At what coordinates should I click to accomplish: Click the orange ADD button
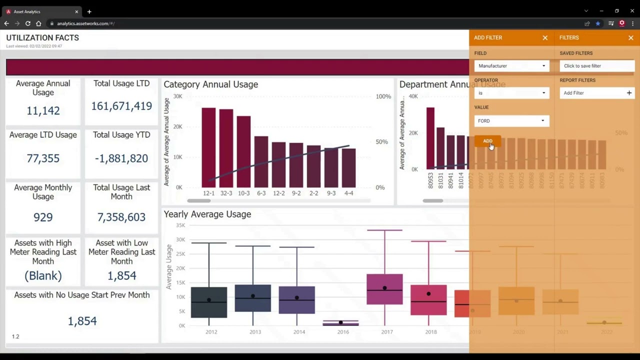click(487, 141)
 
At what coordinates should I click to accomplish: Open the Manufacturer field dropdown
click(511, 66)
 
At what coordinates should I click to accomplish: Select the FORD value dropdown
click(511, 120)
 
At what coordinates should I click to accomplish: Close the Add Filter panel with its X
click(545, 38)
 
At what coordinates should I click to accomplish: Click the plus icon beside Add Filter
click(629, 93)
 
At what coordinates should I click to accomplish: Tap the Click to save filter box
click(596, 66)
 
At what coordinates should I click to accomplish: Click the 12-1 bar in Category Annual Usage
click(208, 147)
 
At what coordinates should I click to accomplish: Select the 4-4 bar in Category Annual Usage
click(348, 167)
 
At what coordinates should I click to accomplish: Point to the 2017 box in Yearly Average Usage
click(384, 289)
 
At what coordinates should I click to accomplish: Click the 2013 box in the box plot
click(253, 298)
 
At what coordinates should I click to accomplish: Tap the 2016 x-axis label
click(343, 332)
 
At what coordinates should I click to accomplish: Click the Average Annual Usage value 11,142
click(43, 110)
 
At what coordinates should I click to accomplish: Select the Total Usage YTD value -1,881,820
click(121, 158)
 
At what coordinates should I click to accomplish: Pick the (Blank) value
click(43, 275)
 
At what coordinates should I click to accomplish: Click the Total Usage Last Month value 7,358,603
click(121, 217)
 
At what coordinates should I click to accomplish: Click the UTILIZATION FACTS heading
click(42, 37)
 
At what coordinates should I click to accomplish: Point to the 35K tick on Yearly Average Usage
click(180, 225)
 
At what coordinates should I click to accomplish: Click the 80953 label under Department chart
click(430, 180)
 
